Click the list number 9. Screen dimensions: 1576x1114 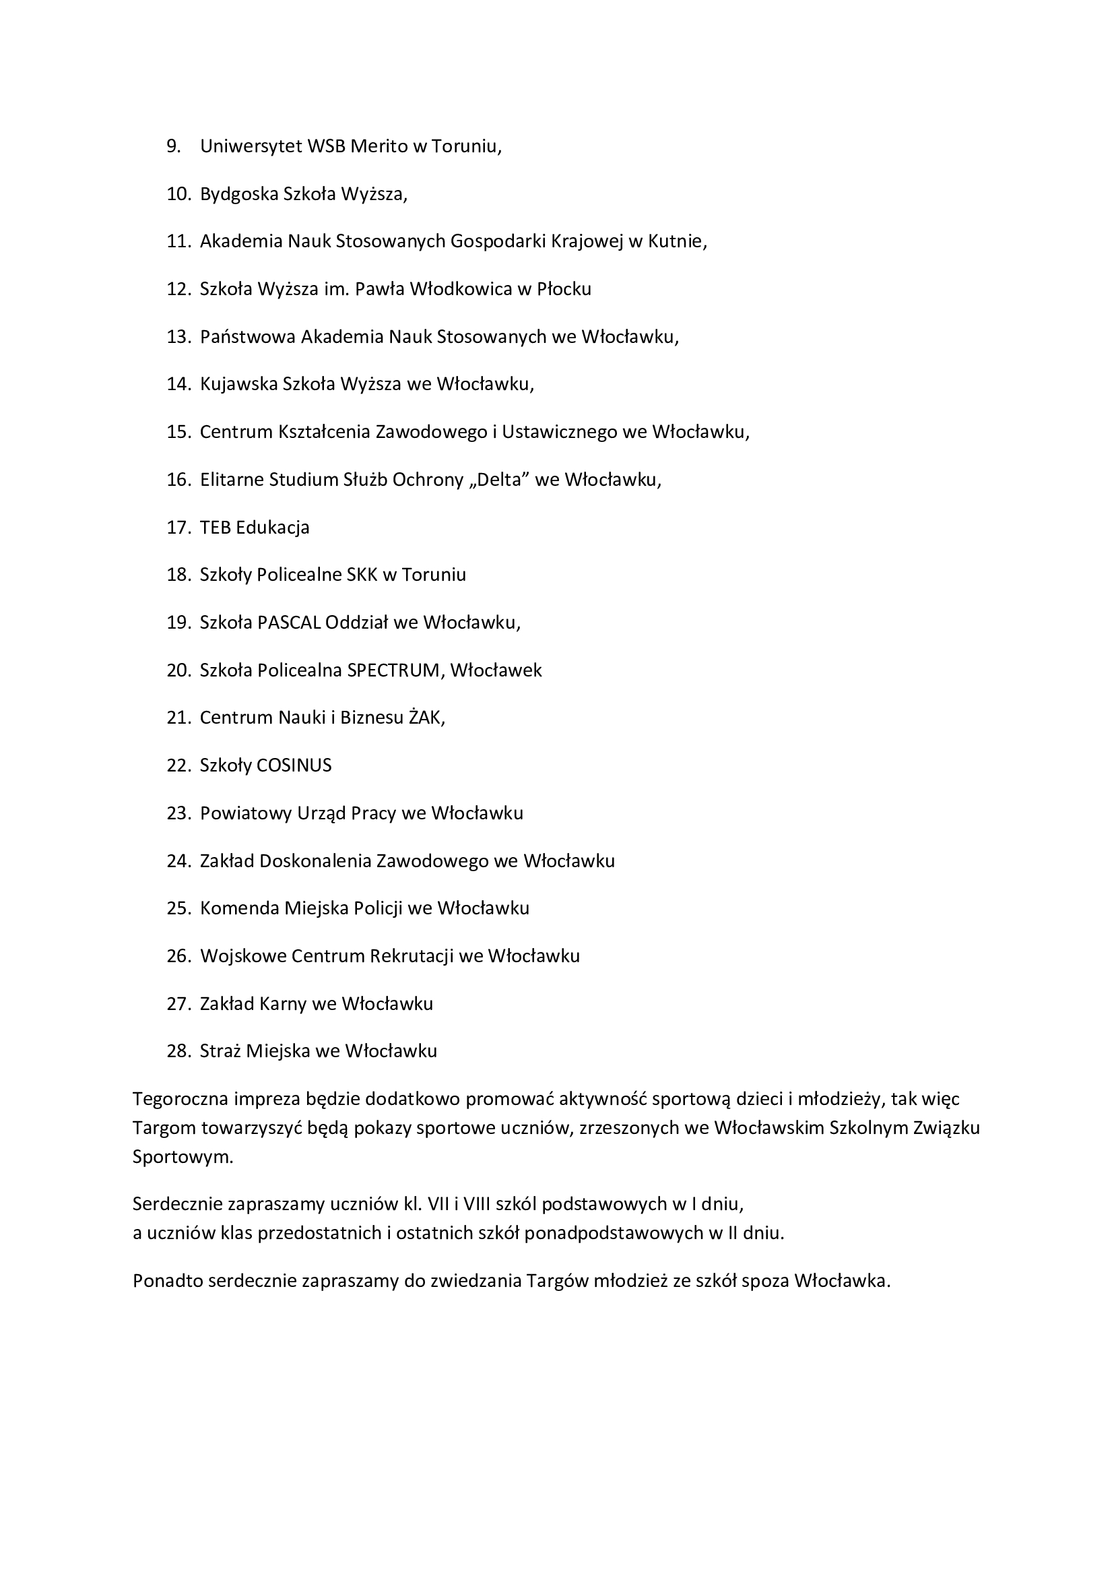(x=173, y=146)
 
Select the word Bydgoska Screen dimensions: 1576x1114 (x=238, y=194)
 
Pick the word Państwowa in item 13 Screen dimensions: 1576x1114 (x=248, y=337)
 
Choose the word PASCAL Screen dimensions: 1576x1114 (x=289, y=623)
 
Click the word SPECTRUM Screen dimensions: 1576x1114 (x=395, y=670)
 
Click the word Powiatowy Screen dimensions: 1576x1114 (x=245, y=813)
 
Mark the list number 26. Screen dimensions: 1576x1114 (x=177, y=956)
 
